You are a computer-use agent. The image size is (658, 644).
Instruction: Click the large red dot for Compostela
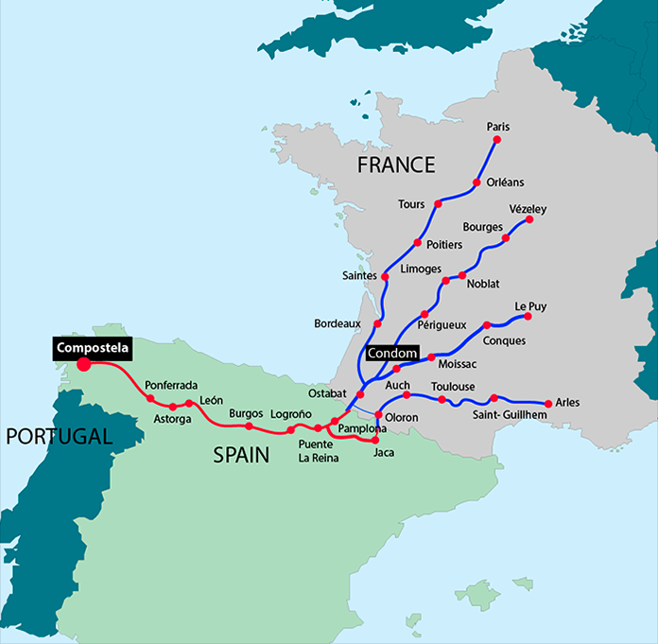[x=83, y=363]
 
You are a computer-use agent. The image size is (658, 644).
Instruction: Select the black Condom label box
[x=392, y=353]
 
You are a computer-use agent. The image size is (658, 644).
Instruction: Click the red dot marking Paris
[x=496, y=140]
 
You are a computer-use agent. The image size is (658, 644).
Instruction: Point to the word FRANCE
[x=395, y=165]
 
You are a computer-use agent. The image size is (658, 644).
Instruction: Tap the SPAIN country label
[x=240, y=455]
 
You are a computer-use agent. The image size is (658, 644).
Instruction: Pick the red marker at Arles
[x=549, y=403]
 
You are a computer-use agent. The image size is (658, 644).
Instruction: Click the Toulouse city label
[x=453, y=387]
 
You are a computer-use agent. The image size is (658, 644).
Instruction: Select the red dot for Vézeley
[x=529, y=219]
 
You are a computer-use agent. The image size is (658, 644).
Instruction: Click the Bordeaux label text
[x=338, y=323]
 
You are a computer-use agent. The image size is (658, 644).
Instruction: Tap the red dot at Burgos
[x=249, y=426]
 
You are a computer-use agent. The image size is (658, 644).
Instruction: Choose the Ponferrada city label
[x=171, y=386]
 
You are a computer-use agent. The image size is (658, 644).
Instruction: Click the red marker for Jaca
[x=375, y=440]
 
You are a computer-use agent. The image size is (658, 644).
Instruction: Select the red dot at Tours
[x=438, y=203]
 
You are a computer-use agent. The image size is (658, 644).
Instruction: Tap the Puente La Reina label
[x=315, y=451]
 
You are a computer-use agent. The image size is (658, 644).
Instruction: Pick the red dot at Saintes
[x=386, y=276]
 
